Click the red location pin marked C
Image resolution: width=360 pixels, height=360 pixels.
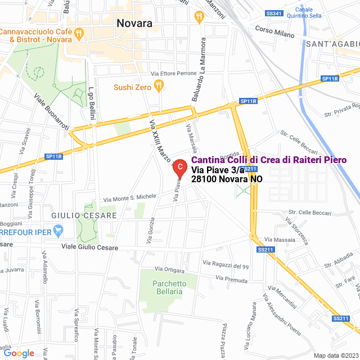tap(179, 167)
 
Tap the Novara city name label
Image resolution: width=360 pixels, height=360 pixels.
tap(134, 23)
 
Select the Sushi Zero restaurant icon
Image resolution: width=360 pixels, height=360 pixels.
tap(159, 87)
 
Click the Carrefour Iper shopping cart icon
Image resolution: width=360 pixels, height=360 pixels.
tap(57, 230)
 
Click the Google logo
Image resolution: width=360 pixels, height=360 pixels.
tap(18, 353)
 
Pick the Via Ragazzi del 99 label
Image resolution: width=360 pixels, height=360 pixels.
tap(226, 264)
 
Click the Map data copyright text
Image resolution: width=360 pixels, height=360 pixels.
tap(335, 355)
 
